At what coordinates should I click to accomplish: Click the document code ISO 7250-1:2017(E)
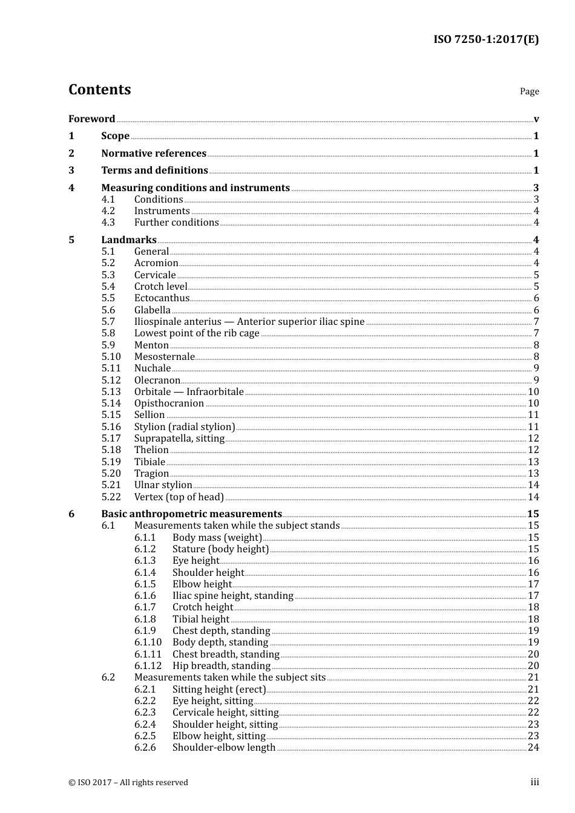[485, 40]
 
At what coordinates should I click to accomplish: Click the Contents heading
[99, 90]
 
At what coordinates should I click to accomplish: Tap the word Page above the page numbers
[529, 91]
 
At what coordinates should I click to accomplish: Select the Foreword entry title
[91, 119]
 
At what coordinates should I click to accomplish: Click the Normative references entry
[154, 154]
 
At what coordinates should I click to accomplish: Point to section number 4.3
[108, 223]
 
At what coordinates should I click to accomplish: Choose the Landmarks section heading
[129, 240]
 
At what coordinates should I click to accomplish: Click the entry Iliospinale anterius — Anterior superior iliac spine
[249, 322]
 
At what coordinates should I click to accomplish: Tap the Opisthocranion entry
[169, 403]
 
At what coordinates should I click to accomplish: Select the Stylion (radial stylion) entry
[185, 427]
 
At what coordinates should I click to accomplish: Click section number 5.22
[111, 497]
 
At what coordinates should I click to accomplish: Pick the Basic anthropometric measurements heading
[191, 514]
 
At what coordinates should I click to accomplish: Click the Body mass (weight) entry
[217, 538]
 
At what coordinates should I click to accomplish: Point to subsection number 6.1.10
[148, 642]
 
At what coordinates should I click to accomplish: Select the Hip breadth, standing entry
[221, 666]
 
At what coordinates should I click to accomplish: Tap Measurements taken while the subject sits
[230, 677]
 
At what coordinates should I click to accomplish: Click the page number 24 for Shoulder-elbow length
[533, 748]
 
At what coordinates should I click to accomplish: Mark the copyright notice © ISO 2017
[128, 783]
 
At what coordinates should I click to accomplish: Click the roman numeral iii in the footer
[534, 782]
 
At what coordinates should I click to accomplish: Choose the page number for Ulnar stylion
[533, 485]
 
